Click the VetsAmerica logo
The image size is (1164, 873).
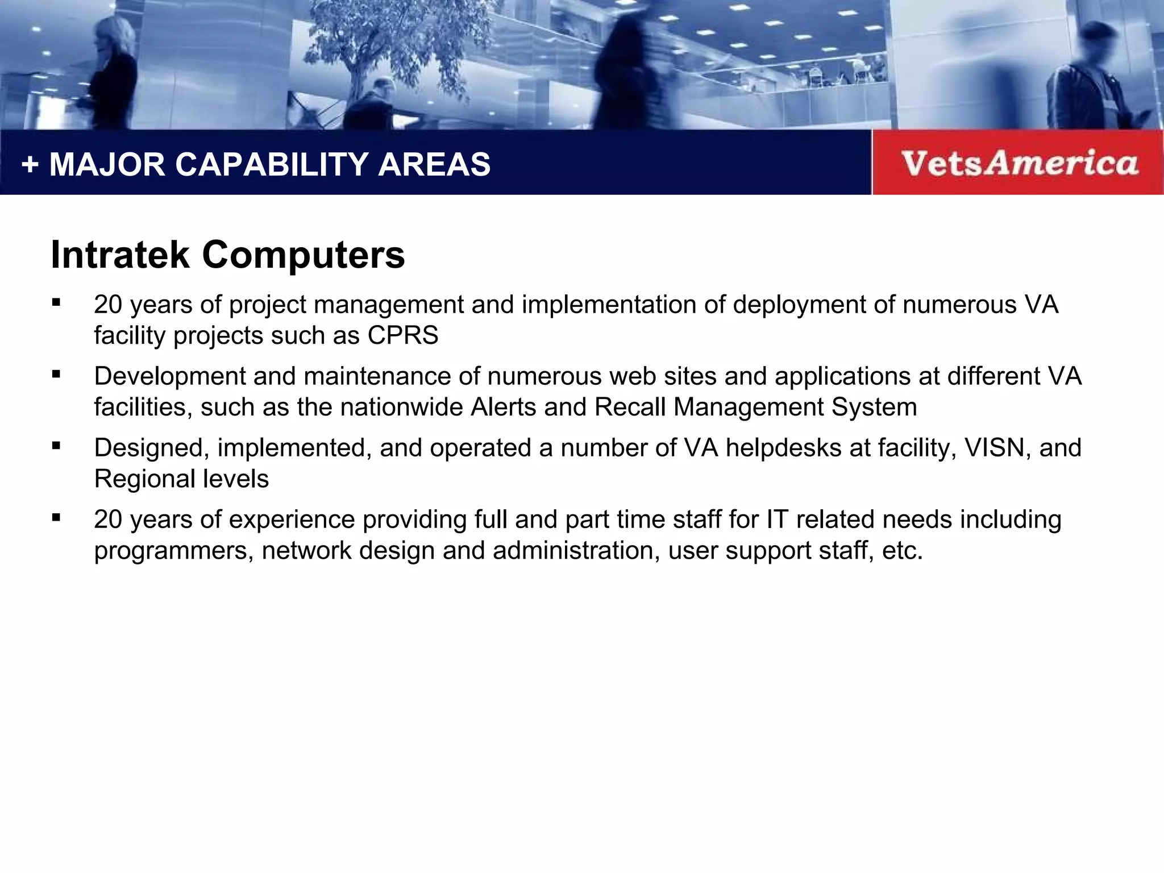pos(1019,163)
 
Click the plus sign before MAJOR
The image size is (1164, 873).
pos(30,165)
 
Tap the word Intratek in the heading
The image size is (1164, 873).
pos(120,255)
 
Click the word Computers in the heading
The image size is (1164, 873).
pos(304,255)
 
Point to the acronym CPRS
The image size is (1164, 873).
pos(403,335)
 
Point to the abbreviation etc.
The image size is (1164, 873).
pos(903,551)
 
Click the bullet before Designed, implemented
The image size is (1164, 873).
pos(56,446)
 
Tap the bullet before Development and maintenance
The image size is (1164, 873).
pos(56,375)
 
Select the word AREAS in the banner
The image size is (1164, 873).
pos(434,165)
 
